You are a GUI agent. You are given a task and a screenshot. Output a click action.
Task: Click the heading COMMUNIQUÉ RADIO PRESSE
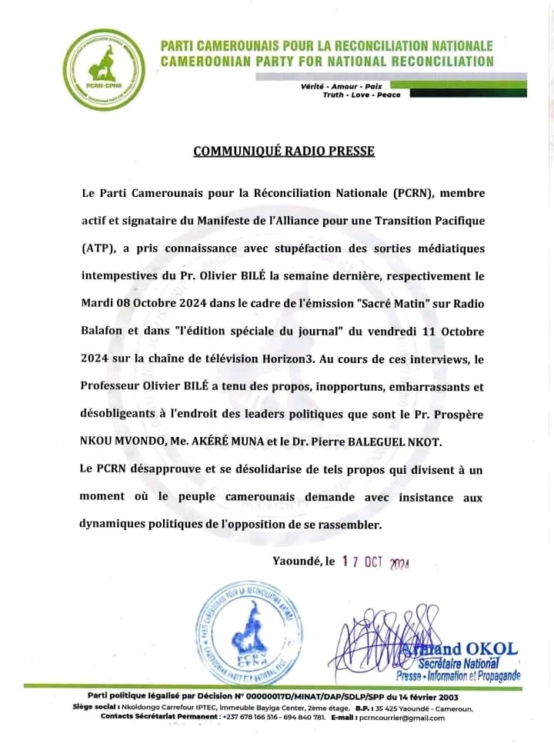pyautogui.click(x=283, y=151)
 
